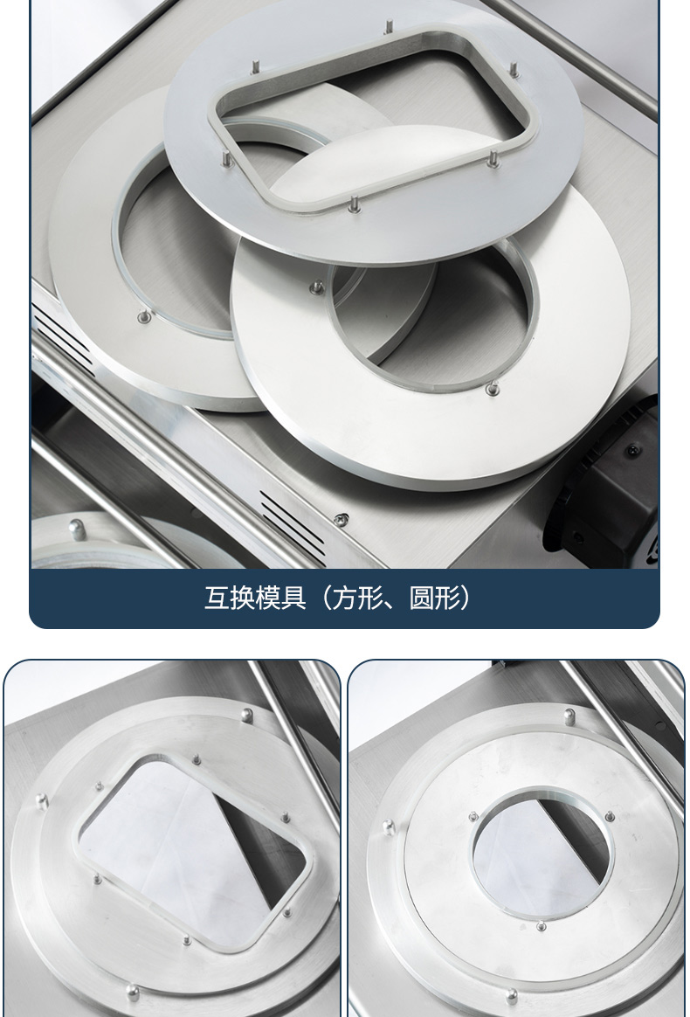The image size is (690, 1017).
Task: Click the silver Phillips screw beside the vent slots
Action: click(x=341, y=520)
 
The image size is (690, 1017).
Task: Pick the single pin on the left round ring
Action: click(x=145, y=316)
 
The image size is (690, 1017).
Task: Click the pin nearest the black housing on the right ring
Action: click(x=493, y=389)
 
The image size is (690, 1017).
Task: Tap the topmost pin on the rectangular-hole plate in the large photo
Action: click(x=389, y=27)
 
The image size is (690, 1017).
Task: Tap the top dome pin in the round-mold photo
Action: click(x=569, y=716)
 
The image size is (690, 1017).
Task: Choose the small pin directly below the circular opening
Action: click(x=541, y=926)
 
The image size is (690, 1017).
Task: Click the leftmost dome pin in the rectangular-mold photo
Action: click(x=42, y=801)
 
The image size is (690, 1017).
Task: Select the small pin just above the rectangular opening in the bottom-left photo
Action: click(x=196, y=759)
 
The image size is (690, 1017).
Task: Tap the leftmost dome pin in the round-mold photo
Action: click(x=389, y=827)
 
